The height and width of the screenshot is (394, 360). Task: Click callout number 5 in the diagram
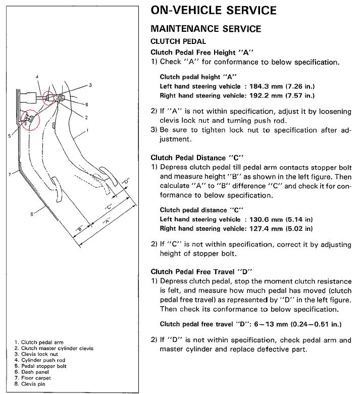[10, 136]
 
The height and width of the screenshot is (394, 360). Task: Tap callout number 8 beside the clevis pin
[87, 105]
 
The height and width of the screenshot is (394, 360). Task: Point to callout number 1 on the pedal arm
[87, 130]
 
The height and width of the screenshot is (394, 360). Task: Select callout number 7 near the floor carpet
[10, 174]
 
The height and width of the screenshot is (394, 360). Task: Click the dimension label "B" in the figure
[79, 229]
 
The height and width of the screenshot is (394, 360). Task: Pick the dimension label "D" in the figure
[125, 181]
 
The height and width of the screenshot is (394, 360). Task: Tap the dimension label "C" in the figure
[108, 207]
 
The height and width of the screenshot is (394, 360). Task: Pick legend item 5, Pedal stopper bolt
[40, 366]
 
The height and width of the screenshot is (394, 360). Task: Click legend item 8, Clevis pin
[30, 384]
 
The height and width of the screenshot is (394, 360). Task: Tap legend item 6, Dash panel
[32, 372]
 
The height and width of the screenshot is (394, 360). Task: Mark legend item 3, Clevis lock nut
[36, 354]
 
